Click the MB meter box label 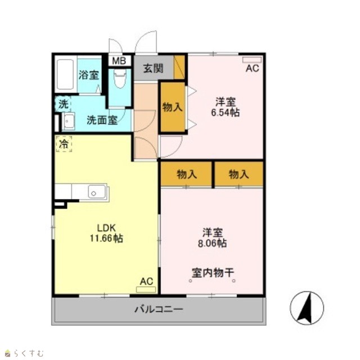pyautogui.click(x=119, y=61)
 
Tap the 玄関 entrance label pyautogui.click(x=153, y=69)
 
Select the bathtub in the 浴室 pyautogui.click(x=65, y=74)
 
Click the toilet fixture pyautogui.click(x=120, y=79)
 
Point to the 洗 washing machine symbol pyautogui.click(x=63, y=104)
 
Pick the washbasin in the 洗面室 pyautogui.click(x=69, y=121)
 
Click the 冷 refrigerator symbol pyautogui.click(x=64, y=144)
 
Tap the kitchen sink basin pyautogui.click(x=97, y=192)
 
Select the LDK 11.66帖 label pyautogui.click(x=106, y=233)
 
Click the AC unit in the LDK pyautogui.click(x=146, y=289)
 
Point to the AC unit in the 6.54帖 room pyautogui.click(x=252, y=60)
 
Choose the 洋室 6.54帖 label pyautogui.click(x=225, y=107)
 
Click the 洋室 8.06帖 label pyautogui.click(x=213, y=238)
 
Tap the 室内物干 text pyautogui.click(x=213, y=273)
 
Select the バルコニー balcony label pyautogui.click(x=159, y=309)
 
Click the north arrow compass pyautogui.click(x=307, y=308)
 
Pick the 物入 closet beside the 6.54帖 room pyautogui.click(x=173, y=107)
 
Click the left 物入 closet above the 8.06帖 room pyautogui.click(x=186, y=174)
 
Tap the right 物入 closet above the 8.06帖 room pyautogui.click(x=238, y=174)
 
